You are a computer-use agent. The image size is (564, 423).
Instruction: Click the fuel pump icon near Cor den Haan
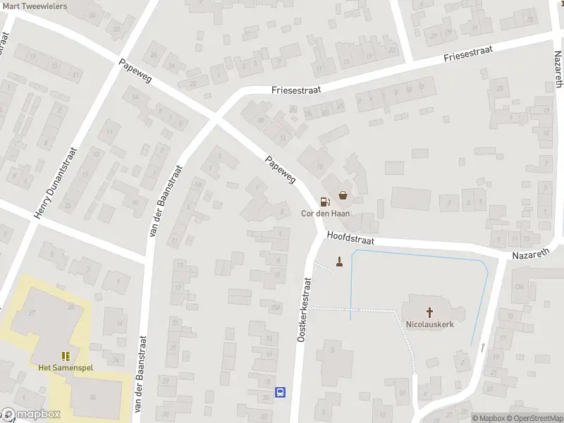[324, 201]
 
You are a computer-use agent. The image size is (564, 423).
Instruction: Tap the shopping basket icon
[343, 195]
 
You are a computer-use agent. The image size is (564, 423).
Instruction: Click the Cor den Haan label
[326, 214]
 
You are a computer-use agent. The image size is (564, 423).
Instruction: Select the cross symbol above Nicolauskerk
[429, 312]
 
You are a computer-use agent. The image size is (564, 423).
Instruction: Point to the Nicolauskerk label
[429, 325]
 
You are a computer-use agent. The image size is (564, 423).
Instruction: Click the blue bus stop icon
[280, 392]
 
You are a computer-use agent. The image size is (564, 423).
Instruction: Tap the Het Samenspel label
[65, 368]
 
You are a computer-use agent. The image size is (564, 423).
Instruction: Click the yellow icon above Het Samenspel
[65, 356]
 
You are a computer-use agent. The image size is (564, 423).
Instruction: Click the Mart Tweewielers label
[35, 6]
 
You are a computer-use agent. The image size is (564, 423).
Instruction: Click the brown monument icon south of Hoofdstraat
[340, 264]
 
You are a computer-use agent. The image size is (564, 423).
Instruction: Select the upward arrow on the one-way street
[483, 347]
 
